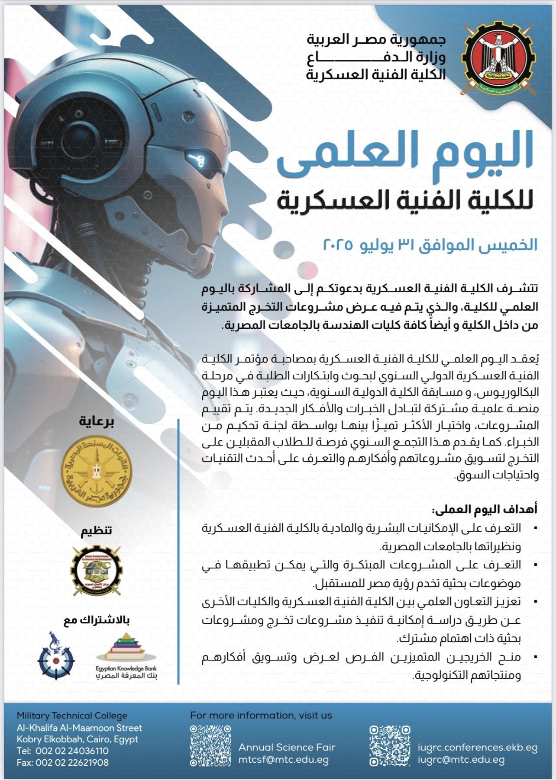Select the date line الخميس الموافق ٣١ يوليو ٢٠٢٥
tap(430, 245)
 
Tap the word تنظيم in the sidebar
tap(97, 530)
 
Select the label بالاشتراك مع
tap(97, 620)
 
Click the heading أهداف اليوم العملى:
tap(484, 510)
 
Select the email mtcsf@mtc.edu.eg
tap(284, 760)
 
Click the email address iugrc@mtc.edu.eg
tap(462, 759)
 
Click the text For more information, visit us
tap(261, 716)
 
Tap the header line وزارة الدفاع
tap(376, 58)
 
